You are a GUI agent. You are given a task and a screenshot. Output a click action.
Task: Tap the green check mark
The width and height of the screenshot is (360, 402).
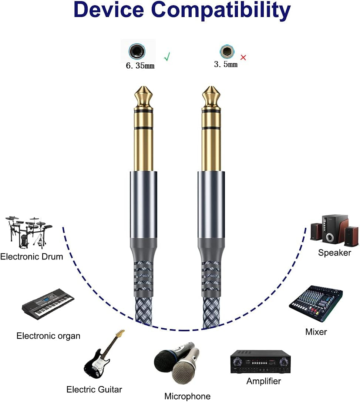[x=167, y=57]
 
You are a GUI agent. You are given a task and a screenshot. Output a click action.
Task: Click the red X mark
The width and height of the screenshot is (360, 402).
[x=243, y=57]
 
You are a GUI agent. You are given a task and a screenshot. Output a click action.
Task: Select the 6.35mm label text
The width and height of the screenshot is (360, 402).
[x=140, y=66]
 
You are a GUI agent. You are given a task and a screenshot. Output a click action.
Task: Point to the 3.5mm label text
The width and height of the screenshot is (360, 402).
[x=226, y=64]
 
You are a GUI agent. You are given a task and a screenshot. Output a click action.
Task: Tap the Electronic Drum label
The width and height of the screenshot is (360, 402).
[x=31, y=256]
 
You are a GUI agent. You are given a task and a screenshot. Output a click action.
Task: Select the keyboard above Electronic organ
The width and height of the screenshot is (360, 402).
[x=48, y=302]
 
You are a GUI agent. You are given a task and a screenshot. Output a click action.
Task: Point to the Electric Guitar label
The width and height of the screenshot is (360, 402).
[x=94, y=389]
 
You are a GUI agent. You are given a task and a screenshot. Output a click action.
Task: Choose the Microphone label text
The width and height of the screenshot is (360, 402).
[x=187, y=396]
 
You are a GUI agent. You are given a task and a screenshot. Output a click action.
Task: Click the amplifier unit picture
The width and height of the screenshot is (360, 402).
[x=260, y=362]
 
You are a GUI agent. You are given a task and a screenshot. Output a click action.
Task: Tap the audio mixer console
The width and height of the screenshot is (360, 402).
[x=316, y=303]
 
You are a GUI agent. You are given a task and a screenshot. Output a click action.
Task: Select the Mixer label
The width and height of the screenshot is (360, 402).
[x=316, y=332]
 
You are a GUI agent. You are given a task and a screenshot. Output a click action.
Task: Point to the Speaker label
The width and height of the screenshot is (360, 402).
[x=334, y=253]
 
